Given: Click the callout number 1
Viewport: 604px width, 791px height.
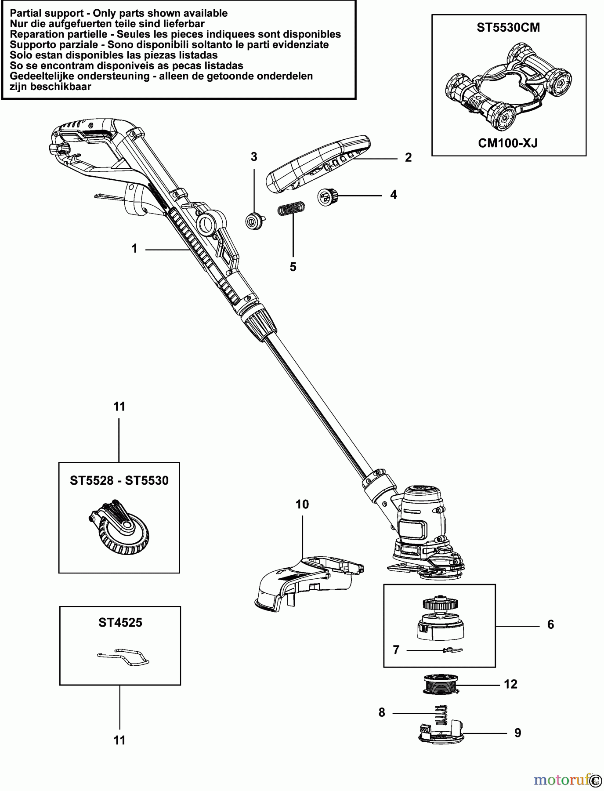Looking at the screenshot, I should point(134,249).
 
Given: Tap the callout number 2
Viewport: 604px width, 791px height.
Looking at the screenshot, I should point(408,158).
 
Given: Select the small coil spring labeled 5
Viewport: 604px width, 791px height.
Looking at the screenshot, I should point(291,208).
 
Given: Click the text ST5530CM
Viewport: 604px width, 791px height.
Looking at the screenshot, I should point(508,28).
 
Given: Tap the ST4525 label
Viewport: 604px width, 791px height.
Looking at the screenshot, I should point(120,623).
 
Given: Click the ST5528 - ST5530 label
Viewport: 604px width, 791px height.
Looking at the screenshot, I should point(119,480).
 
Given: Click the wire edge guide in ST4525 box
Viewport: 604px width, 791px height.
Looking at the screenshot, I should point(123,657).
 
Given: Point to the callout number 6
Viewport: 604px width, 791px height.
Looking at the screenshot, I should point(551,624).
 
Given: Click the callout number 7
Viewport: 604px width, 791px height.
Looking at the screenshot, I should point(396,650).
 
